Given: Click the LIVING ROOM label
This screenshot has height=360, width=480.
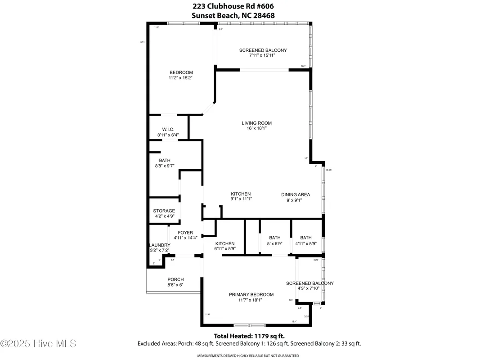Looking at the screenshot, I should pos(256,123).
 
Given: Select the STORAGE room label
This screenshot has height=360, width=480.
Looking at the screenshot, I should pos(164,211).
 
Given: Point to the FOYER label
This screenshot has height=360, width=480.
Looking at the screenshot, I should pos(185,233).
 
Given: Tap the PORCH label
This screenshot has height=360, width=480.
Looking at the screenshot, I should pos(175,279).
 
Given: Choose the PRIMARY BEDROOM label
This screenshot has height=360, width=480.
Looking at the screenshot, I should pos(245,295).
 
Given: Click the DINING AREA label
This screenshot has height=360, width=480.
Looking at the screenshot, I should pos(296,194).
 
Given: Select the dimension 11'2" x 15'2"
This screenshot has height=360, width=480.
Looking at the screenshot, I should pos(181,78).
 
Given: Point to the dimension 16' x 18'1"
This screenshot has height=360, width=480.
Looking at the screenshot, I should pos(256,128).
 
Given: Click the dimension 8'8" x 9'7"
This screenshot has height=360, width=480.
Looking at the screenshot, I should pos(165,166).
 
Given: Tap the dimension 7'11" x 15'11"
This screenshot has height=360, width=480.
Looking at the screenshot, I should pos(263,55).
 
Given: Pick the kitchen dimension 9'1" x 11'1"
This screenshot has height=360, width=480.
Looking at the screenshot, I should pos(241,199).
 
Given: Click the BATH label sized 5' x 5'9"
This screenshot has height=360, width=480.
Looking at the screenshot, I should pos(275,238).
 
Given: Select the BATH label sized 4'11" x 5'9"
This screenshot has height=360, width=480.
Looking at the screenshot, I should pos(306,238).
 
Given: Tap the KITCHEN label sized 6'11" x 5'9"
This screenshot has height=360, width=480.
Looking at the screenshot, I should pos(225,243).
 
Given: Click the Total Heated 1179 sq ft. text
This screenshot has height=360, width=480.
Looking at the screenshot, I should pos(249,336).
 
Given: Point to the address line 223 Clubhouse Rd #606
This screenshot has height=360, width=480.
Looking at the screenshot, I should pos(233,6).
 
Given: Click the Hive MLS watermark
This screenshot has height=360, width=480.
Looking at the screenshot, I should pos(38,343).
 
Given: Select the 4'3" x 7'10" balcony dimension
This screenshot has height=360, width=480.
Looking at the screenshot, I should pos(310,288).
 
